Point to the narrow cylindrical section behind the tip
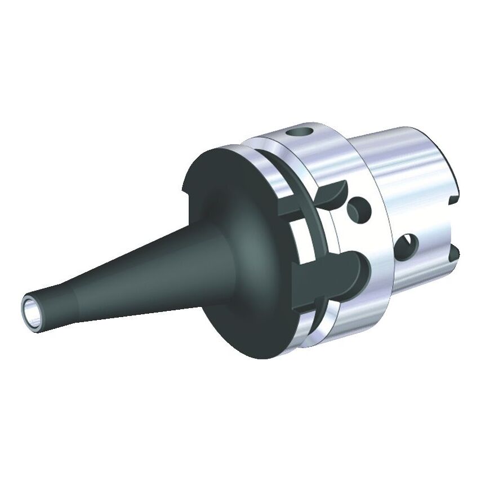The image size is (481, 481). pos(54,304)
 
